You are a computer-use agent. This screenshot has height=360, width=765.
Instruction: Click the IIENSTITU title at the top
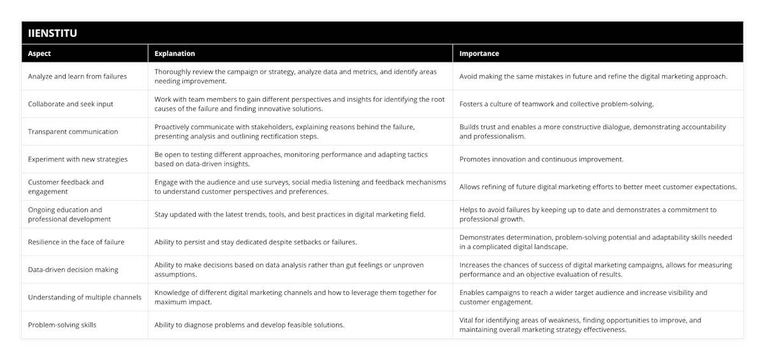tap(53, 33)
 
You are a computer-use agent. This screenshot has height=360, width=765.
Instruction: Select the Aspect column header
tap(40, 54)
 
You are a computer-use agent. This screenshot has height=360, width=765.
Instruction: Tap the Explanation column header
tap(175, 54)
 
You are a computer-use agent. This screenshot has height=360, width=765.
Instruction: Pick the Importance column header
tap(479, 54)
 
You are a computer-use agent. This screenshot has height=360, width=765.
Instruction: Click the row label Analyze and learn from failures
tap(77, 76)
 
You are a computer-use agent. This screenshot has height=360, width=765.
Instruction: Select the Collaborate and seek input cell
tap(71, 104)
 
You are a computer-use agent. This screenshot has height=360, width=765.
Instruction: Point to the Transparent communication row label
tap(73, 132)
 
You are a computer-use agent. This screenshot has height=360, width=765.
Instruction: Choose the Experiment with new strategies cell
tap(78, 159)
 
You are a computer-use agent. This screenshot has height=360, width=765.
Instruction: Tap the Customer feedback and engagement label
tap(66, 187)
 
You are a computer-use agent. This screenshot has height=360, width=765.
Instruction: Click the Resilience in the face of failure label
tap(76, 242)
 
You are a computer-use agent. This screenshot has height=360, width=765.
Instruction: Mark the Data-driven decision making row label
tap(73, 270)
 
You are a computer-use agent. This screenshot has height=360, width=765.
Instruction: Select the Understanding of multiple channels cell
tap(84, 297)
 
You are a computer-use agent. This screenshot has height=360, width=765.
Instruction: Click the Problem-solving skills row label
tap(62, 325)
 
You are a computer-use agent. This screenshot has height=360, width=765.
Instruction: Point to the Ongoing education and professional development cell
tap(69, 214)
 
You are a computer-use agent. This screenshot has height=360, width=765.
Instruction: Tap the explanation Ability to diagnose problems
tap(249, 325)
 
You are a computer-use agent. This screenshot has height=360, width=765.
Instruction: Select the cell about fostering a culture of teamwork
tap(557, 104)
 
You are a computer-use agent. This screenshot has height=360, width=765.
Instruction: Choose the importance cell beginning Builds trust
tap(592, 132)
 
